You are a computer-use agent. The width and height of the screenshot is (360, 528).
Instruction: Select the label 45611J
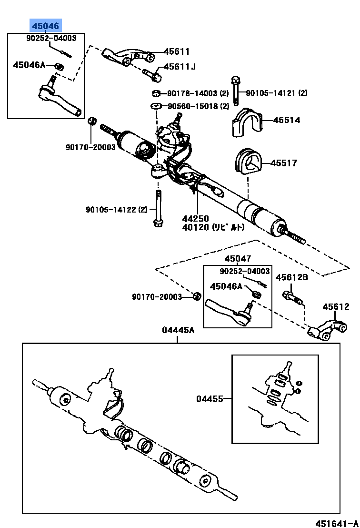180,67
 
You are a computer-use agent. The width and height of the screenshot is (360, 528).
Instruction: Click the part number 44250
195,219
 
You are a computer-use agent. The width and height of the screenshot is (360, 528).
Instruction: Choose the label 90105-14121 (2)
277,93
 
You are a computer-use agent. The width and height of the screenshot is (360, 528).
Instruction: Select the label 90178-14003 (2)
199,93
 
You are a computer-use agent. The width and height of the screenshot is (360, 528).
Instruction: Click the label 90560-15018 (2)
199,106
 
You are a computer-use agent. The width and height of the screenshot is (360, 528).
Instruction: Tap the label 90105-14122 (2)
117,209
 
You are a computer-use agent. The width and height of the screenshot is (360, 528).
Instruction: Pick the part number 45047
238,259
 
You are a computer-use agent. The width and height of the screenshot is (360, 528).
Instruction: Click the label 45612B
292,277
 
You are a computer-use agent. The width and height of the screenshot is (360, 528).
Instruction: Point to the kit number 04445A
178,330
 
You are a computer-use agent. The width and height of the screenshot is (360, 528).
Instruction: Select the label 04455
210,398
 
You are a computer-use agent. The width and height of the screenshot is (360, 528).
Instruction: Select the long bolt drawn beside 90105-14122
157,210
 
